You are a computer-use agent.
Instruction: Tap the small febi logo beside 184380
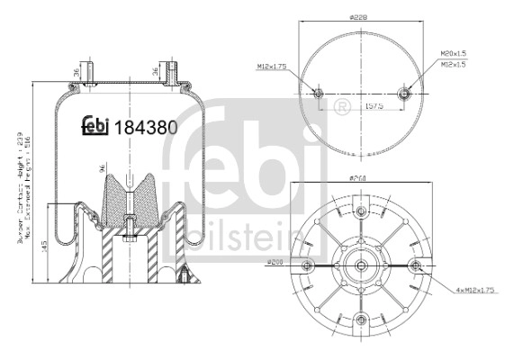[95, 127]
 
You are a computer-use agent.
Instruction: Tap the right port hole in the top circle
[406, 93]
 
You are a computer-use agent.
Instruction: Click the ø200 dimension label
[275, 261]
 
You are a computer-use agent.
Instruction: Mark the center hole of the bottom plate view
[362, 265]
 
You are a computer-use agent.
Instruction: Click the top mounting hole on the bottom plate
[362, 211]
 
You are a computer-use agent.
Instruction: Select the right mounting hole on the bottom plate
[416, 265]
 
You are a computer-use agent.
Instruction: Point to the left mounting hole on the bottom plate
[308, 265]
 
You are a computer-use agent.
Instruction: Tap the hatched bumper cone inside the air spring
[128, 200]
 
